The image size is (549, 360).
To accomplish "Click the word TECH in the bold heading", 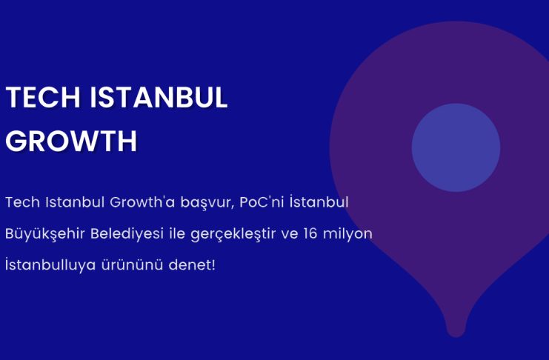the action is pos(43,97).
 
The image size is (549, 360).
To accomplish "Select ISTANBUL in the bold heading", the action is pos(159,97).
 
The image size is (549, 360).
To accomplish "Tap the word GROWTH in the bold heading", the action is pos(71,141).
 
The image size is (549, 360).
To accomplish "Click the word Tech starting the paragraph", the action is pos(22,202).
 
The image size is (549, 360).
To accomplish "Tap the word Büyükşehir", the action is pos(44,234).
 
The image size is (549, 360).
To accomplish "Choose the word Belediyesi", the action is pos(127,234).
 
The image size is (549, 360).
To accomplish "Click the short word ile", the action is pos(177,233).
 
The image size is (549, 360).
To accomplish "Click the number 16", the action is pos(310,233).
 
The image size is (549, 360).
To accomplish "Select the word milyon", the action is pos(347,234).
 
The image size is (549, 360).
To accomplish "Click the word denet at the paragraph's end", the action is pos(190,264).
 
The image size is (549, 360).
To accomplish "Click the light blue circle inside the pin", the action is pos(456,147).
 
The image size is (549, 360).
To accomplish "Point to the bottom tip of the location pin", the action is pos(456,337).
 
